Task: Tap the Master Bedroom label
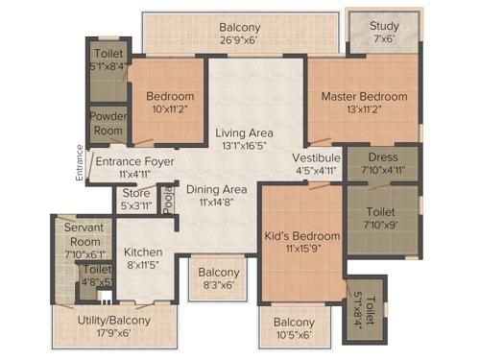point(364,96)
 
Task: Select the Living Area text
point(244,132)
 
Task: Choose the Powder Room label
point(108,122)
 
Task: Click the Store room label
point(136,193)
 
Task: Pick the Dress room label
point(382,158)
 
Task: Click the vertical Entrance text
point(81,160)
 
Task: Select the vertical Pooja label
point(167,200)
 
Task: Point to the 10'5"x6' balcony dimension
point(293,335)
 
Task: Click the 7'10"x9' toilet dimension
point(382,225)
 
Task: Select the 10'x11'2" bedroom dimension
point(170,109)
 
